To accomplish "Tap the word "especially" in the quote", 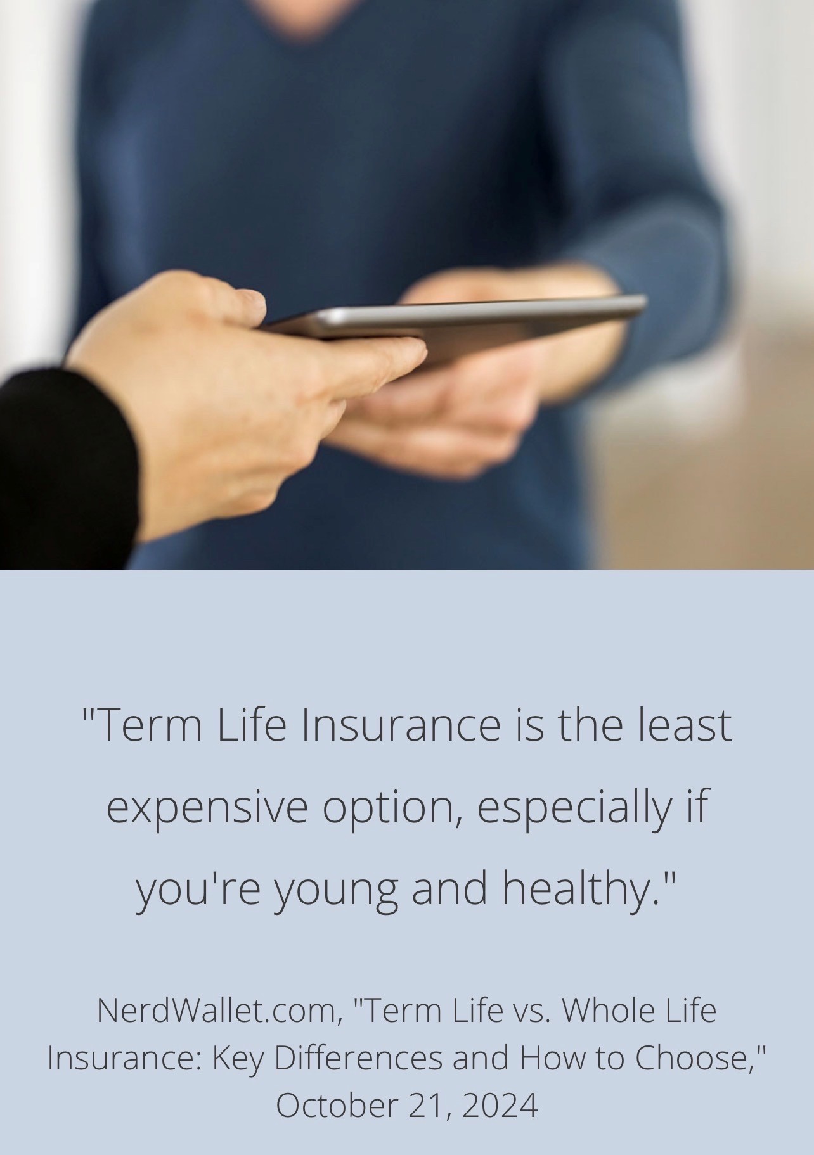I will point(572,808).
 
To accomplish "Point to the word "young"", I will point(336,889).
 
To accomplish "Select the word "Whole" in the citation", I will point(607,1010).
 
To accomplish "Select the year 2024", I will point(500,1105).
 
